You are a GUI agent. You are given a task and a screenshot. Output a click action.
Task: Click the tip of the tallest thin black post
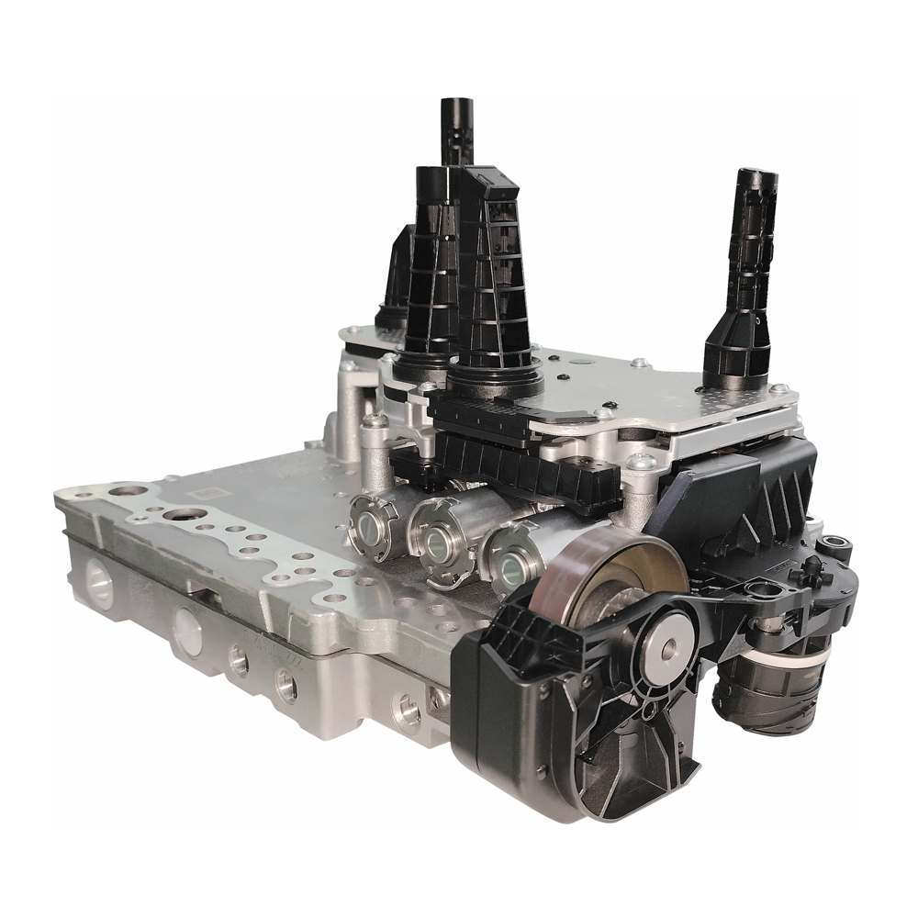pos(455,103)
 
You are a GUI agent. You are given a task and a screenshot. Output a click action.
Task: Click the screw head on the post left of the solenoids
pos(374,421)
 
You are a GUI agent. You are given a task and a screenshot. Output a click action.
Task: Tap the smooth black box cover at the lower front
pos(496,698)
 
